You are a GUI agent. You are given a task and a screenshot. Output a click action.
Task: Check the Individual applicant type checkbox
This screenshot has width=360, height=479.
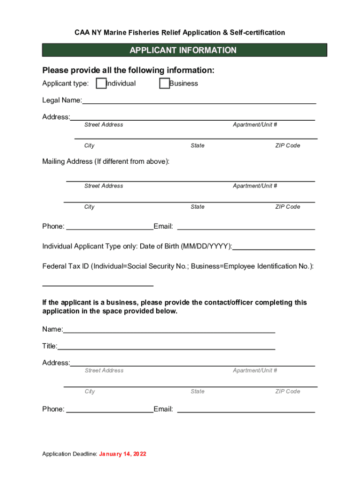click(x=101, y=84)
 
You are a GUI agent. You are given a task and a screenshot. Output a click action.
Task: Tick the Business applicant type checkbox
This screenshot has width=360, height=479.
click(x=164, y=84)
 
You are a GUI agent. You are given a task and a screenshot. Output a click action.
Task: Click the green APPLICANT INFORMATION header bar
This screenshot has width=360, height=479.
click(x=184, y=50)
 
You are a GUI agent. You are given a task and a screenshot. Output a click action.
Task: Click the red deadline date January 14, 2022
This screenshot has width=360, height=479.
click(x=122, y=454)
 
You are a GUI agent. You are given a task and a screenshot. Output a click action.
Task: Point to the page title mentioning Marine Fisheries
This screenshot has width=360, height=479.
click(x=180, y=33)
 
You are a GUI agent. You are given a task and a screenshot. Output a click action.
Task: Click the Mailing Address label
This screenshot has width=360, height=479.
click(x=106, y=162)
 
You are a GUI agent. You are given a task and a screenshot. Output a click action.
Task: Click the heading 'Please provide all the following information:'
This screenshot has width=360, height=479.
click(x=129, y=71)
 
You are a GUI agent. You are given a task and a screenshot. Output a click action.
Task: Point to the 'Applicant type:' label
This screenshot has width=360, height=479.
click(x=65, y=84)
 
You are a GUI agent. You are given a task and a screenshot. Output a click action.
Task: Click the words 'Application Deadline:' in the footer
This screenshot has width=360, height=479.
click(x=70, y=454)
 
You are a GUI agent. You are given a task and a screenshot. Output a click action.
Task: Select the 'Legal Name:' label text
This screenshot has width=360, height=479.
click(x=62, y=100)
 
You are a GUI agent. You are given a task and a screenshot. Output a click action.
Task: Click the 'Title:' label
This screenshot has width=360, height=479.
click(x=50, y=346)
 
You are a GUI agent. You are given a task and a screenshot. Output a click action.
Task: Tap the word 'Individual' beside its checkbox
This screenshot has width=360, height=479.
click(x=121, y=84)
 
